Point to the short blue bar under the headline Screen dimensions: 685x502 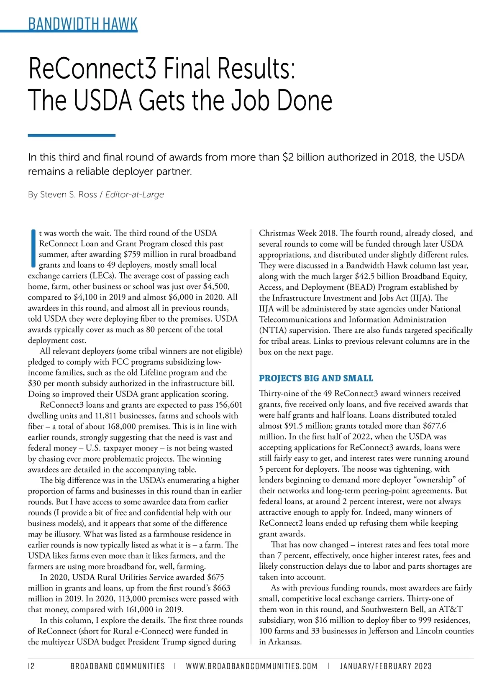tap(72, 135)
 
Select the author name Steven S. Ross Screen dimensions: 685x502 tap(68, 194)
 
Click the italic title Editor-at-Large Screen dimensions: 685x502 tap(135, 194)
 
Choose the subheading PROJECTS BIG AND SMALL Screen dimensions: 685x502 tap(316, 378)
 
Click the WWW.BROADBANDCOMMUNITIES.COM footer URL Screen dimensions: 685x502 tap(251, 666)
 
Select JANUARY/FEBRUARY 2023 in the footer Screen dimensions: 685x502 tap(386, 666)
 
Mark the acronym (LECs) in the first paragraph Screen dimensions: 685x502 tap(100, 276)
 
